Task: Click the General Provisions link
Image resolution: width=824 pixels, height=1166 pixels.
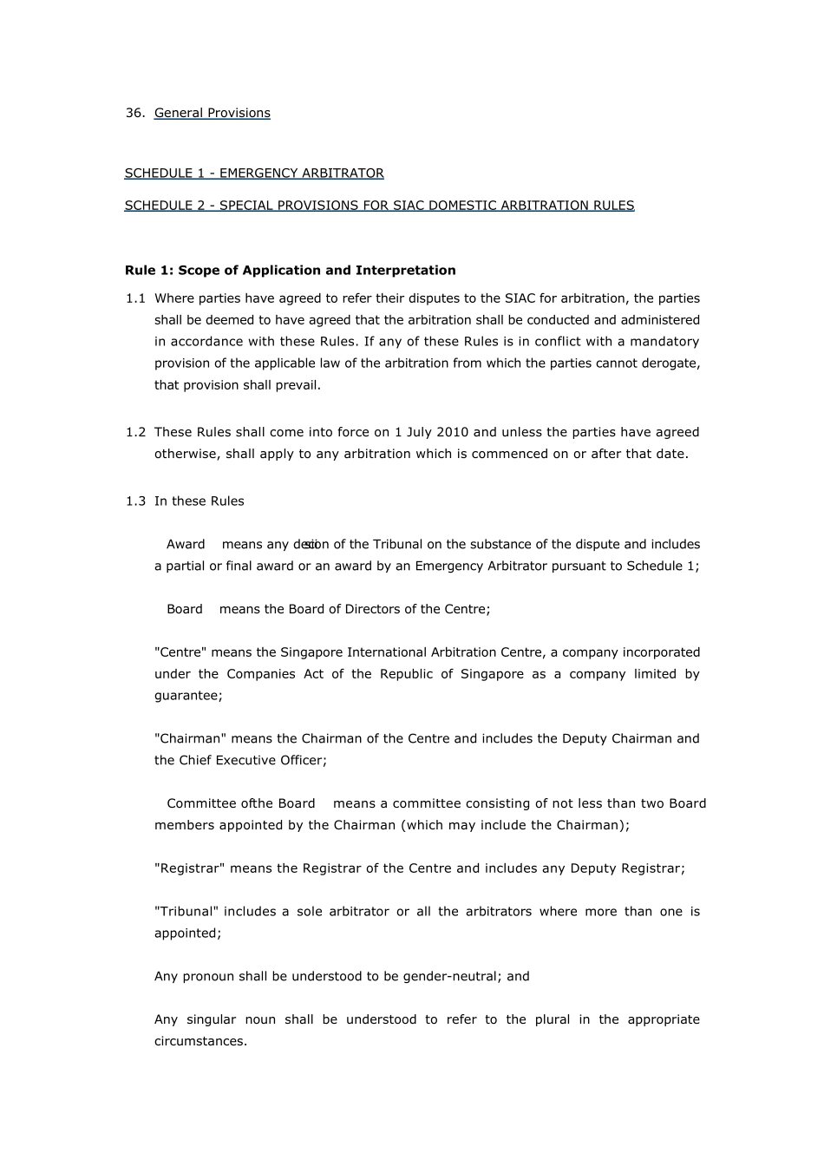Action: click(212, 113)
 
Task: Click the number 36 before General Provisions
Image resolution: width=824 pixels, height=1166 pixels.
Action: click(134, 113)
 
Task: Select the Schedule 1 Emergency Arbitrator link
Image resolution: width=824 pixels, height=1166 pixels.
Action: click(253, 174)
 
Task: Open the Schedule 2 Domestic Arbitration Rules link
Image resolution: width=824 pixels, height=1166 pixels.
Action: click(379, 206)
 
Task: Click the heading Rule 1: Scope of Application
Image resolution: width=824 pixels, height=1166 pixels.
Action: click(290, 270)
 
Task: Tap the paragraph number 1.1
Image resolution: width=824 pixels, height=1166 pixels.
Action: click(135, 298)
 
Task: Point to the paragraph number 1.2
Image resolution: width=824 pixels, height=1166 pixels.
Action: click(135, 432)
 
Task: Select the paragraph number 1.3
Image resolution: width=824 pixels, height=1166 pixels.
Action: click(135, 501)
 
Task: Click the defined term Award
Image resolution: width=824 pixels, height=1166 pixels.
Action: click(186, 545)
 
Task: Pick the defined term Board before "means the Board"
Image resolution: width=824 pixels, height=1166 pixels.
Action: click(184, 609)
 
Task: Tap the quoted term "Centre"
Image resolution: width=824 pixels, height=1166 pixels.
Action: click(180, 652)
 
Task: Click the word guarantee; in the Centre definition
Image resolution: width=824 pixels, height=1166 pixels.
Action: click(188, 696)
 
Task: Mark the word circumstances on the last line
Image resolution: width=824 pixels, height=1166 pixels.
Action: click(200, 1041)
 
